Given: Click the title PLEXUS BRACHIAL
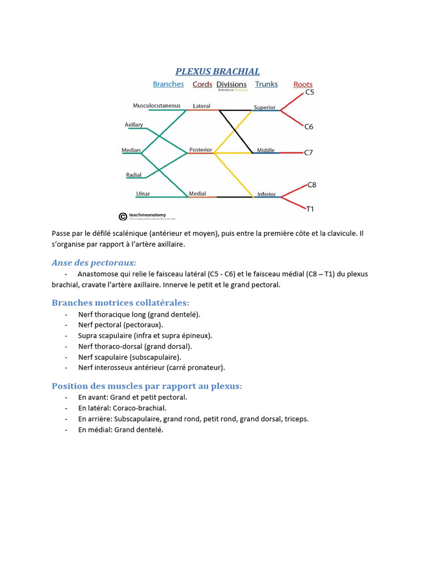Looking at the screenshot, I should coord(217,72).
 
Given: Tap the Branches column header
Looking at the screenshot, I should coord(168,84).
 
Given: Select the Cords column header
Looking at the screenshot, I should coord(202,84).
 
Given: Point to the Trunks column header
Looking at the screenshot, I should coord(266,84).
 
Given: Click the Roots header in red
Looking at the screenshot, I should coord(303,85).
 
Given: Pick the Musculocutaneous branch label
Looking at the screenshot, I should coord(157,106).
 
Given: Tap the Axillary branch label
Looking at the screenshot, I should coord(134,124).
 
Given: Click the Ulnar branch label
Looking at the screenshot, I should coord(143,194).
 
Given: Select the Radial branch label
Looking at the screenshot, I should coord(134,175).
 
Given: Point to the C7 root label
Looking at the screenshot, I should coord(309,153).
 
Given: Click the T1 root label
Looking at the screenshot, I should coord(310,209).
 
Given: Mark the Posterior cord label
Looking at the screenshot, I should coord(200,150).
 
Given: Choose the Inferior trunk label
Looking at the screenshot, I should coord(266,194).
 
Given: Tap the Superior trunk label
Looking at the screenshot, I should coord(265,107).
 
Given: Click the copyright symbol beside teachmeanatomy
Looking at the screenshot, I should coord(123,216).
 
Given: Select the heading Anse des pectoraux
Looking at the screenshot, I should coord(94,263).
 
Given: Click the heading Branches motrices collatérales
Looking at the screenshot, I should coord(120,302).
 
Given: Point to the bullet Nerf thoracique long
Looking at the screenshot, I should coord(139,314).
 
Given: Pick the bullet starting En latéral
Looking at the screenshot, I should coord(122,408).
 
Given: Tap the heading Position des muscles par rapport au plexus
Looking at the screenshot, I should coord(146,386).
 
